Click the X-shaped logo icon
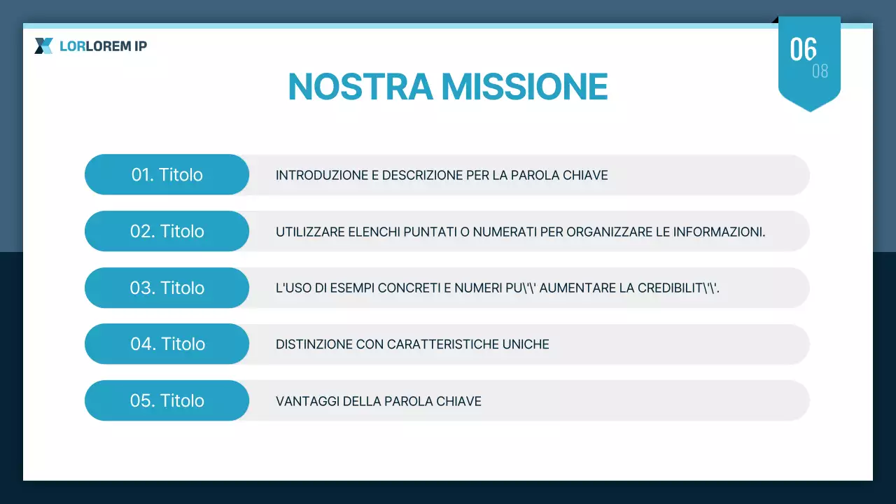(x=43, y=46)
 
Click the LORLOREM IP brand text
(x=103, y=47)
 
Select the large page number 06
(x=803, y=50)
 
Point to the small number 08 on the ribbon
(x=820, y=71)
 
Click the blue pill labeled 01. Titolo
(x=167, y=174)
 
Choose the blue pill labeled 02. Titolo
(x=167, y=231)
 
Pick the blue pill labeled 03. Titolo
(x=167, y=288)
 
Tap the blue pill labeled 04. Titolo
(x=167, y=344)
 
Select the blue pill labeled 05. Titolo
(x=167, y=400)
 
